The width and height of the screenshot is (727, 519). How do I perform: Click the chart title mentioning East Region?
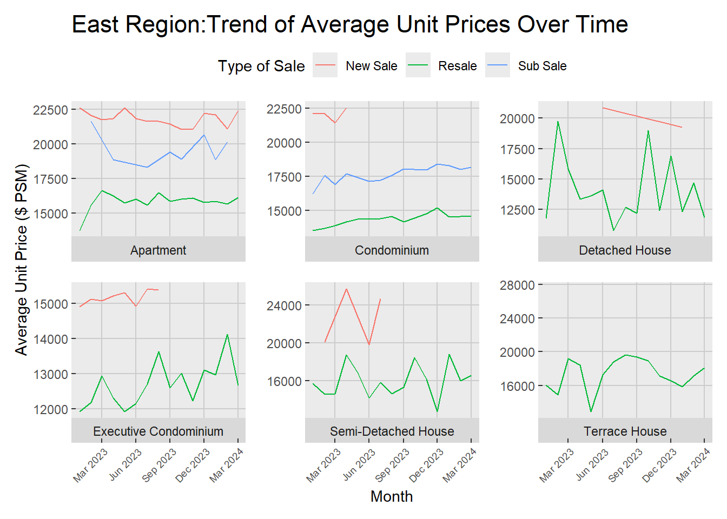point(349,25)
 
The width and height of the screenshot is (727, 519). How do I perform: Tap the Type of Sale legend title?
point(261,66)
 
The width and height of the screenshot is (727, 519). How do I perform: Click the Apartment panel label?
point(158,250)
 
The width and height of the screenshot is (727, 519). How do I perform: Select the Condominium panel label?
point(392,250)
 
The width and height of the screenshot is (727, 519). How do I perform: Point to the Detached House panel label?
point(625,250)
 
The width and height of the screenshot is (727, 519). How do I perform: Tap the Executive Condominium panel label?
point(158,431)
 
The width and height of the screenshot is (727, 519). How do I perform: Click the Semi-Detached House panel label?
point(392,431)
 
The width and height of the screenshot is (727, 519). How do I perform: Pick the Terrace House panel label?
point(625,431)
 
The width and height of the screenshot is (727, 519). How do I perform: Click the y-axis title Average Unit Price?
point(21,259)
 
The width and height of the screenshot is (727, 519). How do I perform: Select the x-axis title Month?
point(392,496)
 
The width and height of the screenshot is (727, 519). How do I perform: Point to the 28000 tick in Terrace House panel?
point(517,285)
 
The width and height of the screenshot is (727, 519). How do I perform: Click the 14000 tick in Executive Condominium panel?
point(50,339)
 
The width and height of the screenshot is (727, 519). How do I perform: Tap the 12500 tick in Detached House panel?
point(517,210)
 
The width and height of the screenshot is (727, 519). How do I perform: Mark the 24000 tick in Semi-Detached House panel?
point(284,305)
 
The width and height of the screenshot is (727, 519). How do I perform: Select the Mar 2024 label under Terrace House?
point(693,465)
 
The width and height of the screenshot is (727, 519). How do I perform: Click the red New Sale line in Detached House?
point(642,117)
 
